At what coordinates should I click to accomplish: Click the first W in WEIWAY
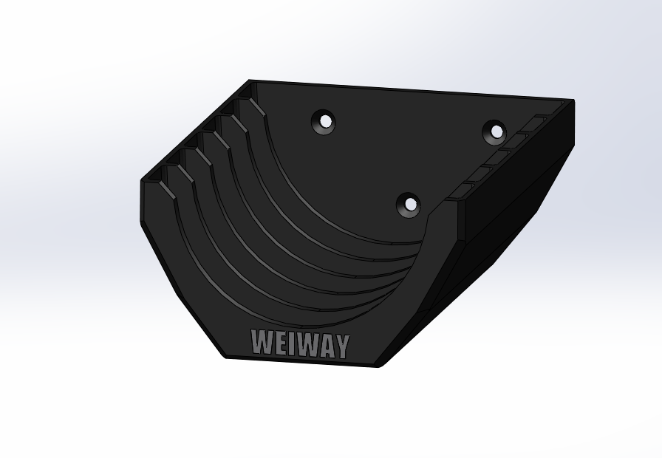(x=262, y=341)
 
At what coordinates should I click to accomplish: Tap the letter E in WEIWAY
(x=279, y=343)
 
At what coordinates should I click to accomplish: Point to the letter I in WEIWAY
(x=291, y=343)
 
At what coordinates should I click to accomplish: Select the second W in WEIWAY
(x=306, y=344)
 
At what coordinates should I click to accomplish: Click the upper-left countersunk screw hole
(x=324, y=122)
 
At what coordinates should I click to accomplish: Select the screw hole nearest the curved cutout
(x=409, y=205)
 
